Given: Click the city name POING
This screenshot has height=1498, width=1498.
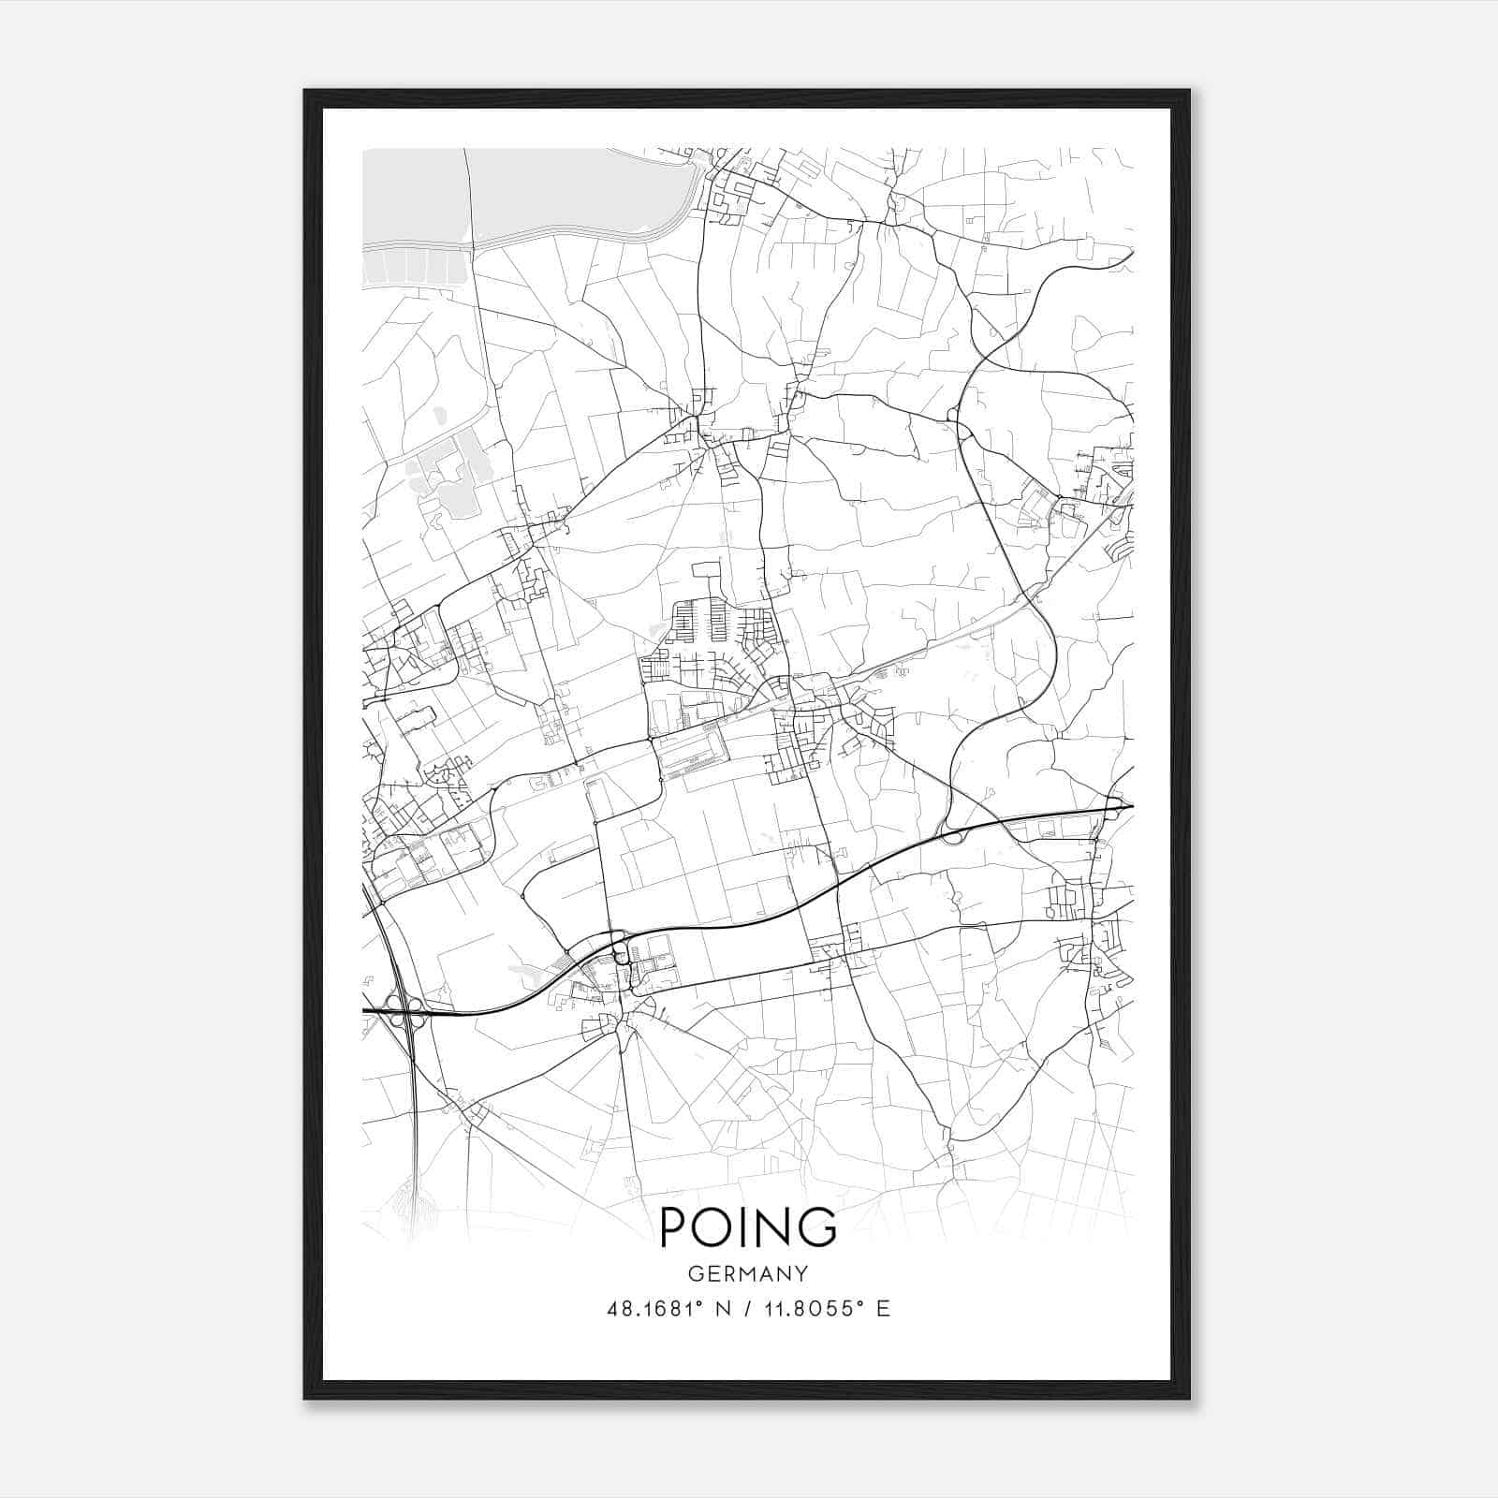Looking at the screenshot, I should [748, 1226].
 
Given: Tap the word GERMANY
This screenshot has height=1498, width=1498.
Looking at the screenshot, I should [748, 1273].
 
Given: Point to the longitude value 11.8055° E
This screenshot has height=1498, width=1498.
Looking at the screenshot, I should [825, 1309].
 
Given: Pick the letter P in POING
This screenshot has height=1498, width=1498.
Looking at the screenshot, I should [674, 1226].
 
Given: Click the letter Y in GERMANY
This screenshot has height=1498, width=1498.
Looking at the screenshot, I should [800, 1273].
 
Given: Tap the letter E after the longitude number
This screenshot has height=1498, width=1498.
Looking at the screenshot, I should [882, 1309].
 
